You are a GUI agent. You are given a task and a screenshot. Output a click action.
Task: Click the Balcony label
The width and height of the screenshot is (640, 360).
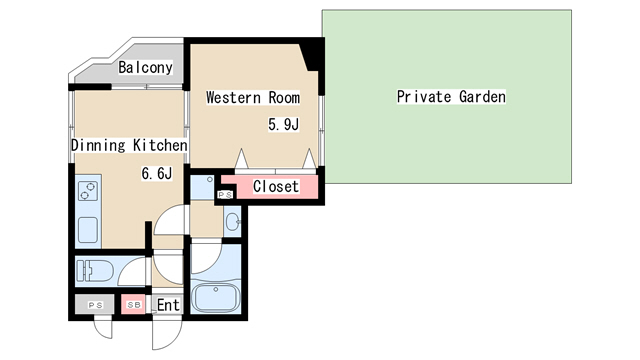coord(145,67)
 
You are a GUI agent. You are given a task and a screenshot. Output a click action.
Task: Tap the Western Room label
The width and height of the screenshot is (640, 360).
coord(253,98)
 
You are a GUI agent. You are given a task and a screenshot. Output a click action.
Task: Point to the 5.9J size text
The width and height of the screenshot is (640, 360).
coord(283,124)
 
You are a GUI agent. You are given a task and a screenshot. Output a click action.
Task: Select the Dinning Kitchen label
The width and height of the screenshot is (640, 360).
coord(129,145)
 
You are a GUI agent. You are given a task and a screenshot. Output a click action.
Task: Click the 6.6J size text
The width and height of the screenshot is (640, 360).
coord(157,173)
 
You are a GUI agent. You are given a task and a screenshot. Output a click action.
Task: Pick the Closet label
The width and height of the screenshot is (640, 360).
coord(276,187)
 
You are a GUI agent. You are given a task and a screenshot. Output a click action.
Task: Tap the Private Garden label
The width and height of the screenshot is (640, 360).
coord(451,97)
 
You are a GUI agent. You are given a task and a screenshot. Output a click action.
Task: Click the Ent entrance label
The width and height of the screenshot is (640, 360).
coord(168,305)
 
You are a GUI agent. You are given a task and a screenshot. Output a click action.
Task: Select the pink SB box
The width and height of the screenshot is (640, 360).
coord(133,305)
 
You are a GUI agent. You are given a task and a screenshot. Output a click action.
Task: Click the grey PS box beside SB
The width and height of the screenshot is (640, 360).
coord(95,305)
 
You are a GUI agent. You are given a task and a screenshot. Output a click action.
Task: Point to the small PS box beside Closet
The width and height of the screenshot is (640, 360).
coord(225,195)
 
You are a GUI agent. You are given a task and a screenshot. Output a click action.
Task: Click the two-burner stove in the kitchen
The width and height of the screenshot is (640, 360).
coord(88,191)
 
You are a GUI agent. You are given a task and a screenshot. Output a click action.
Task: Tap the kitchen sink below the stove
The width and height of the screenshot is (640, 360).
coord(88,230)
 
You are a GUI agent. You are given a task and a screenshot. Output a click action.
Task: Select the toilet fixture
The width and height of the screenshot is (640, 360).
coord(94,271)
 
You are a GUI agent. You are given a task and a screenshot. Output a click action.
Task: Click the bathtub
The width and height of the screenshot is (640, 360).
coord(216,298)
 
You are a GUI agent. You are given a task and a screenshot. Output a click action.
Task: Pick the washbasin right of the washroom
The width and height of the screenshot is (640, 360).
coord(232,222)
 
